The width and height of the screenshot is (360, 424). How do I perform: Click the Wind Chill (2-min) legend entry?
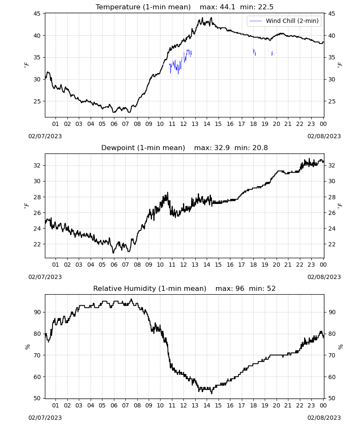point(284,21)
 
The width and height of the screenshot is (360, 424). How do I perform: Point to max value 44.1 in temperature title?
point(227,7)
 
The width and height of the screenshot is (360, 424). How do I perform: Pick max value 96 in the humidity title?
point(240,288)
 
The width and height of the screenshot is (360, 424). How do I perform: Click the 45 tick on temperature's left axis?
point(37,14)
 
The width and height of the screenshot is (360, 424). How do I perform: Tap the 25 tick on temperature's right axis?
point(332,101)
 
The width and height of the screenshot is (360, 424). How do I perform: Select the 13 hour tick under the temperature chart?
point(195,124)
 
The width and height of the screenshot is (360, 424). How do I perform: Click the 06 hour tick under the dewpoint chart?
point(114,265)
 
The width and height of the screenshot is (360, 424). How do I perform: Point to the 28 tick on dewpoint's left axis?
point(37,197)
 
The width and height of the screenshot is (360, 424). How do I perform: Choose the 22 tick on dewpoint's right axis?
point(332,244)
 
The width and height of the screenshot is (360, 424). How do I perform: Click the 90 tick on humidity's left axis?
point(37,312)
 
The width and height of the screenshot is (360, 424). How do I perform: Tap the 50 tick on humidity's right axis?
point(332,398)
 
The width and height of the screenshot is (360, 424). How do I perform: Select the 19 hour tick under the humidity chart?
point(265,405)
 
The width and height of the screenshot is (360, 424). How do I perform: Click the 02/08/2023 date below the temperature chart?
point(324,136)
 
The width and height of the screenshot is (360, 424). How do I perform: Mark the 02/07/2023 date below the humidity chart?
point(45,418)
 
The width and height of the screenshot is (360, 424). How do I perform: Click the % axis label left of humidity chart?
point(27,347)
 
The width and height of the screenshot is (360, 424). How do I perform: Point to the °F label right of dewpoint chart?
point(340,205)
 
